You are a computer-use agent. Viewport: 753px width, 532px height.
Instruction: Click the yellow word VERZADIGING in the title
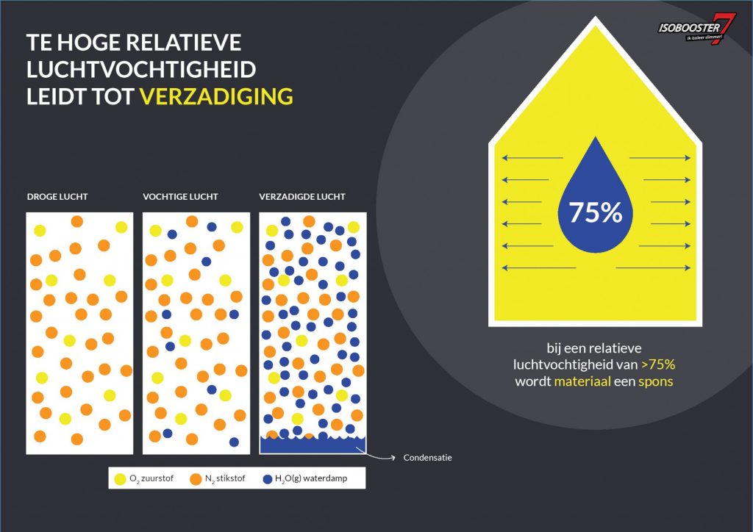point(216,96)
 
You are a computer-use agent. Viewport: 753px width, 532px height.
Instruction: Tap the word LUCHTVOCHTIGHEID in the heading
point(140,70)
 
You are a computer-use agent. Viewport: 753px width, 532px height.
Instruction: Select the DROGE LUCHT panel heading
point(57,197)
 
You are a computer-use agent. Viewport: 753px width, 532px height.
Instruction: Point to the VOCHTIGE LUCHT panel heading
point(180,197)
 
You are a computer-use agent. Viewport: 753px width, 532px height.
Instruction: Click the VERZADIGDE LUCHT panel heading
point(302,197)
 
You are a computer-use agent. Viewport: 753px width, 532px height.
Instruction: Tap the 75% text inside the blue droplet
point(596,212)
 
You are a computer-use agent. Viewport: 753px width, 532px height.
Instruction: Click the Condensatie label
point(427,458)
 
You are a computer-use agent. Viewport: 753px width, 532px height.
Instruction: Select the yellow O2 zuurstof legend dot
point(120,479)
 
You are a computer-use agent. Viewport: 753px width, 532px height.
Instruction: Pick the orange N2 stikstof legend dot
point(196,479)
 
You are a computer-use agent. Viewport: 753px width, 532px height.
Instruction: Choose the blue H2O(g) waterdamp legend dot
point(268,479)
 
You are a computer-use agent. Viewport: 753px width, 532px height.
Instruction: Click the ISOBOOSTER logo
point(697,29)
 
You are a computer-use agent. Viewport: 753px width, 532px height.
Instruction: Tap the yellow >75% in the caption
point(658,364)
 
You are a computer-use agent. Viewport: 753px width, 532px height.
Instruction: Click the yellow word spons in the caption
point(655,382)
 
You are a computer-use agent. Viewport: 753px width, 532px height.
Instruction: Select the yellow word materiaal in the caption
point(582,381)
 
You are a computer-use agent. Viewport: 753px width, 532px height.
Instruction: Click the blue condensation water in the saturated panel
point(313,445)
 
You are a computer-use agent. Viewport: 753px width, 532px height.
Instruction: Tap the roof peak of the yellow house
point(596,18)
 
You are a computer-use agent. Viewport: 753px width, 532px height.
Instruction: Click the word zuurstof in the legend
point(157,478)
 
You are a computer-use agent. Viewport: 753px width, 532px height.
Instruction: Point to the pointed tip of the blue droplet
point(596,137)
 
